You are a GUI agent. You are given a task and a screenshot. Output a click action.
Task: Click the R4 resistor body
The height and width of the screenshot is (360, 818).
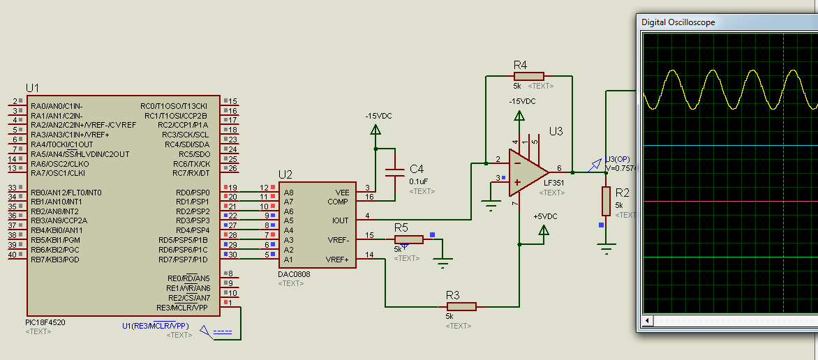pos(528,75)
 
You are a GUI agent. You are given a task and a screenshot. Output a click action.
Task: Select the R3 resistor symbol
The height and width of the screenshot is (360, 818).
pos(461,306)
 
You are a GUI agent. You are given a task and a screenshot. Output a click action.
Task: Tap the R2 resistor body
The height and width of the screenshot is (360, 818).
pos(607,201)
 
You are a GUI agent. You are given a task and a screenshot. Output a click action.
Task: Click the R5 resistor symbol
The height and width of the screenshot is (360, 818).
pos(408,239)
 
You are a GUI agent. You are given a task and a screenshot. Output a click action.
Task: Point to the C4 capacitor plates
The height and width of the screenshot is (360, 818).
pos(394,170)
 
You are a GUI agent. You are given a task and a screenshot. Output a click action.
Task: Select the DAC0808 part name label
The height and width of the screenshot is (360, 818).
pos(294,274)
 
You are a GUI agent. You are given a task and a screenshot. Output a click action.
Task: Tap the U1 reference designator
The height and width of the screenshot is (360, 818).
pos(33,88)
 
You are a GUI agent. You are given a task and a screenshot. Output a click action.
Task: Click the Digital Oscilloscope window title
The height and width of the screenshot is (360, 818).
pos(678,22)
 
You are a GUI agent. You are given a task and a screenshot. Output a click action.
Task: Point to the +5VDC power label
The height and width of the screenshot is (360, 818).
pos(545,216)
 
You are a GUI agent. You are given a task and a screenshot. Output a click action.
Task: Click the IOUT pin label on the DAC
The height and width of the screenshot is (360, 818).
pos(340,220)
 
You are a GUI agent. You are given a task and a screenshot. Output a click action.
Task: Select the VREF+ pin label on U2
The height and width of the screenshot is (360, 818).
pos(337,259)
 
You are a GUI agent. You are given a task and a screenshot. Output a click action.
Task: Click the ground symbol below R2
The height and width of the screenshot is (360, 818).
pos(607,248)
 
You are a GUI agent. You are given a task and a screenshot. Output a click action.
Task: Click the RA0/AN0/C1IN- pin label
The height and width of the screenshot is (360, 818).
pos(57,106)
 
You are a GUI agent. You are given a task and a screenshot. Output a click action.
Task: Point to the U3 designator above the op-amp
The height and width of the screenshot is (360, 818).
pos(556,130)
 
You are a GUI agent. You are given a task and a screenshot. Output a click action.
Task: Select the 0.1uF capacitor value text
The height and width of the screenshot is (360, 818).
pos(419,181)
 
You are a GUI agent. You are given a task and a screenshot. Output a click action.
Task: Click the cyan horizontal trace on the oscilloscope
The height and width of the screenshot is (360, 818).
pos(726,146)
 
